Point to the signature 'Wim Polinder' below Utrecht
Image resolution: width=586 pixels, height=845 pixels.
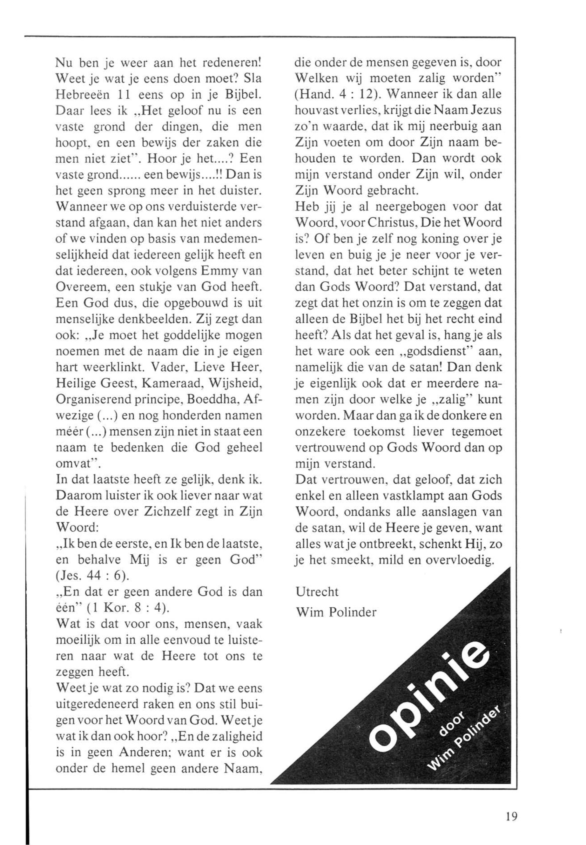tap(336, 612)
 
